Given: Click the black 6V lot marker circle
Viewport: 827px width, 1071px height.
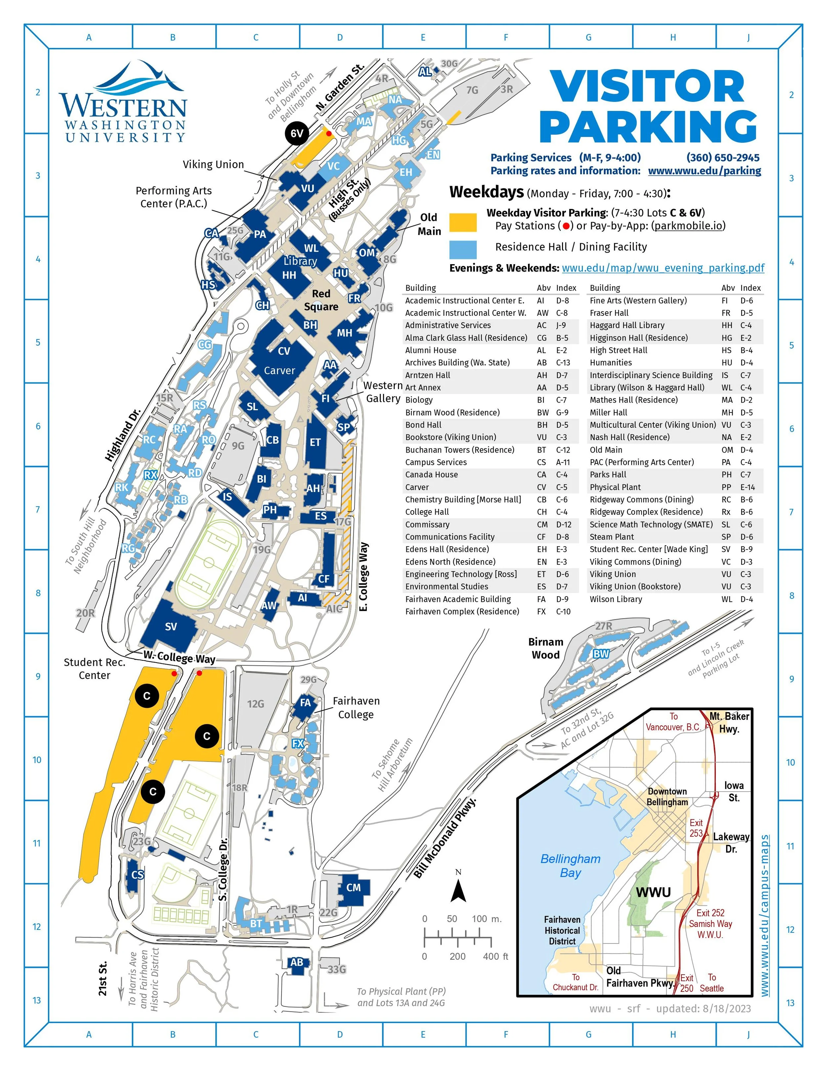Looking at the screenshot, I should click(x=297, y=133).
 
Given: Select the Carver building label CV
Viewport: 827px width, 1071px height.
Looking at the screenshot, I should click(x=284, y=351).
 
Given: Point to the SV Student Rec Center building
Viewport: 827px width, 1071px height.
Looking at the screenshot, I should click(x=170, y=627).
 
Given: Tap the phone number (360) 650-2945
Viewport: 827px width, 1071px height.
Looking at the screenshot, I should click(x=723, y=157).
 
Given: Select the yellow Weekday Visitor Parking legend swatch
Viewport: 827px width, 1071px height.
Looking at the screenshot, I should click(x=462, y=222).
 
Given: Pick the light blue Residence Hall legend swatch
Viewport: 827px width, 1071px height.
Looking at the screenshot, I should click(x=462, y=249).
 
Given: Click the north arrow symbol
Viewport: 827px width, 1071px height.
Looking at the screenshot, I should click(x=458, y=889).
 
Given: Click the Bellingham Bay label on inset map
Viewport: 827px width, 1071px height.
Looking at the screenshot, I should click(x=570, y=865).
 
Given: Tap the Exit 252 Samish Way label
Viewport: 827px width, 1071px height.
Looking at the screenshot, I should click(x=711, y=923).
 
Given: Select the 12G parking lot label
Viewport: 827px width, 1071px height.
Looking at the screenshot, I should click(x=255, y=704).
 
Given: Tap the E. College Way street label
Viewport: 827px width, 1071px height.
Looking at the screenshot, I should click(x=364, y=577).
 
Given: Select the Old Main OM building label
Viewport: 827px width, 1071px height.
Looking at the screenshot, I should click(x=367, y=253).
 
